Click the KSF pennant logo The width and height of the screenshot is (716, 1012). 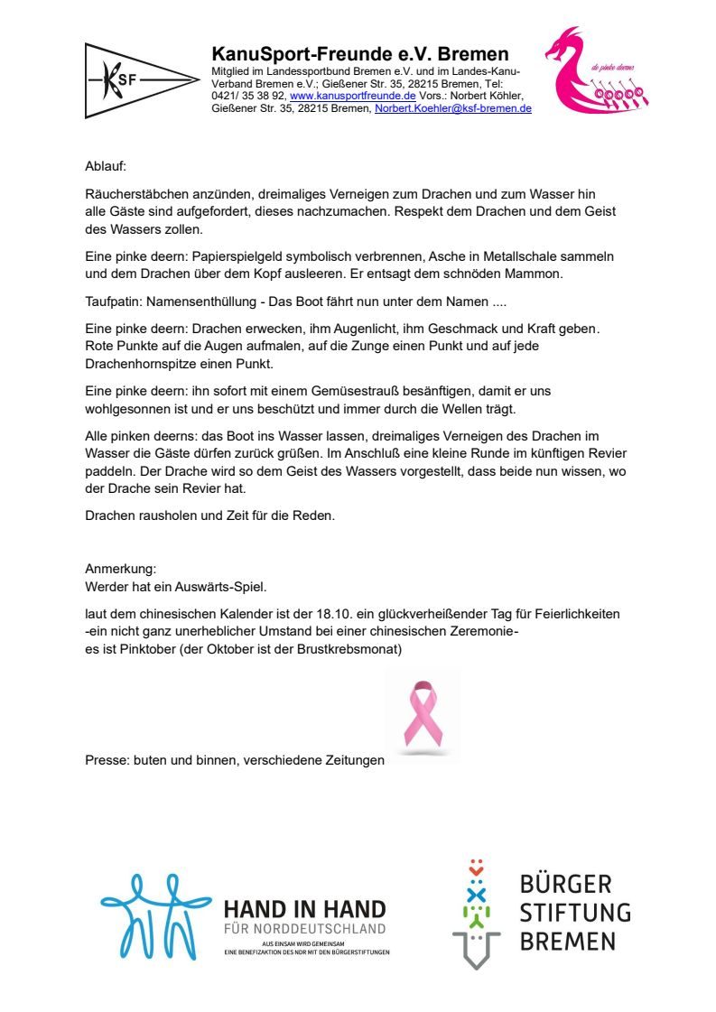pos(140,80)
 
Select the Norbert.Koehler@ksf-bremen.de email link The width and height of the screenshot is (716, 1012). pos(452,108)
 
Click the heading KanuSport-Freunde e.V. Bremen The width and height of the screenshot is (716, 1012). pos(359,54)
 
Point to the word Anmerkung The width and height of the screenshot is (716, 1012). pos(120,569)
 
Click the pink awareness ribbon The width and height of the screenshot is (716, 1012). pos(423,716)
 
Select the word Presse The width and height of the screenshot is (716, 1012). pos(106,761)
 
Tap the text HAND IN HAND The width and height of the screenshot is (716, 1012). pos(304,909)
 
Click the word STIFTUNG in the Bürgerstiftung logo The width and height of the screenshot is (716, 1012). pos(574,912)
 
